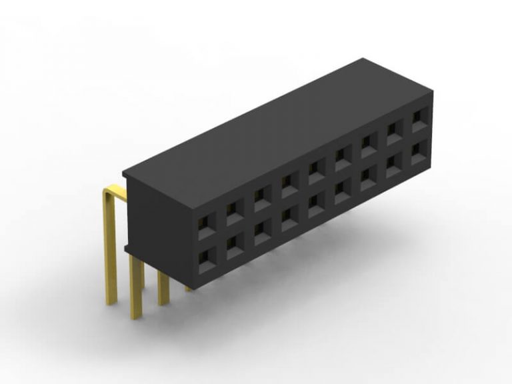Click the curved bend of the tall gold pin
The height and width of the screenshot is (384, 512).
point(109,193)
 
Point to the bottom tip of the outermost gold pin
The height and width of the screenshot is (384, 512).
point(111,302)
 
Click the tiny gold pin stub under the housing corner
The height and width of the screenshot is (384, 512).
point(190,288)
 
